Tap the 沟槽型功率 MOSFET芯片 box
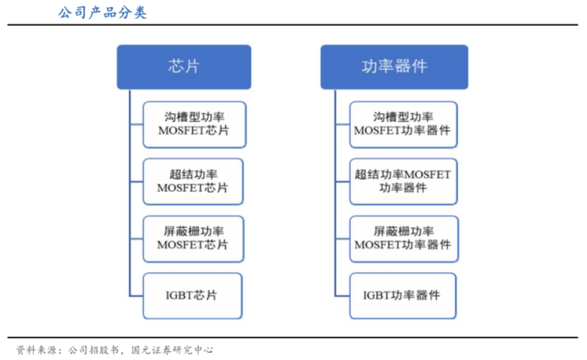tap(192, 125)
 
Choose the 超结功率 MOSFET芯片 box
tap(192, 181)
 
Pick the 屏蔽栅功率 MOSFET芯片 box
tap(192, 238)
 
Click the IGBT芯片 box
tap(192, 296)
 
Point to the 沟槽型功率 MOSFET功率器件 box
tap(404, 125)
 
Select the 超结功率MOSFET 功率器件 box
tap(404, 181)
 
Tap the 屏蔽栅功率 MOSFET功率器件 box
tap(404, 238)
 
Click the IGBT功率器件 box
tap(404, 296)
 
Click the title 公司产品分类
tap(101, 13)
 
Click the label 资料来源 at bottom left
tap(34, 349)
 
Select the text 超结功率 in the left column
tap(192, 174)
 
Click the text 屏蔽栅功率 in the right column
tap(404, 231)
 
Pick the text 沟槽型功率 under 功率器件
tap(404, 117)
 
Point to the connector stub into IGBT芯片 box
tap(136, 296)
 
